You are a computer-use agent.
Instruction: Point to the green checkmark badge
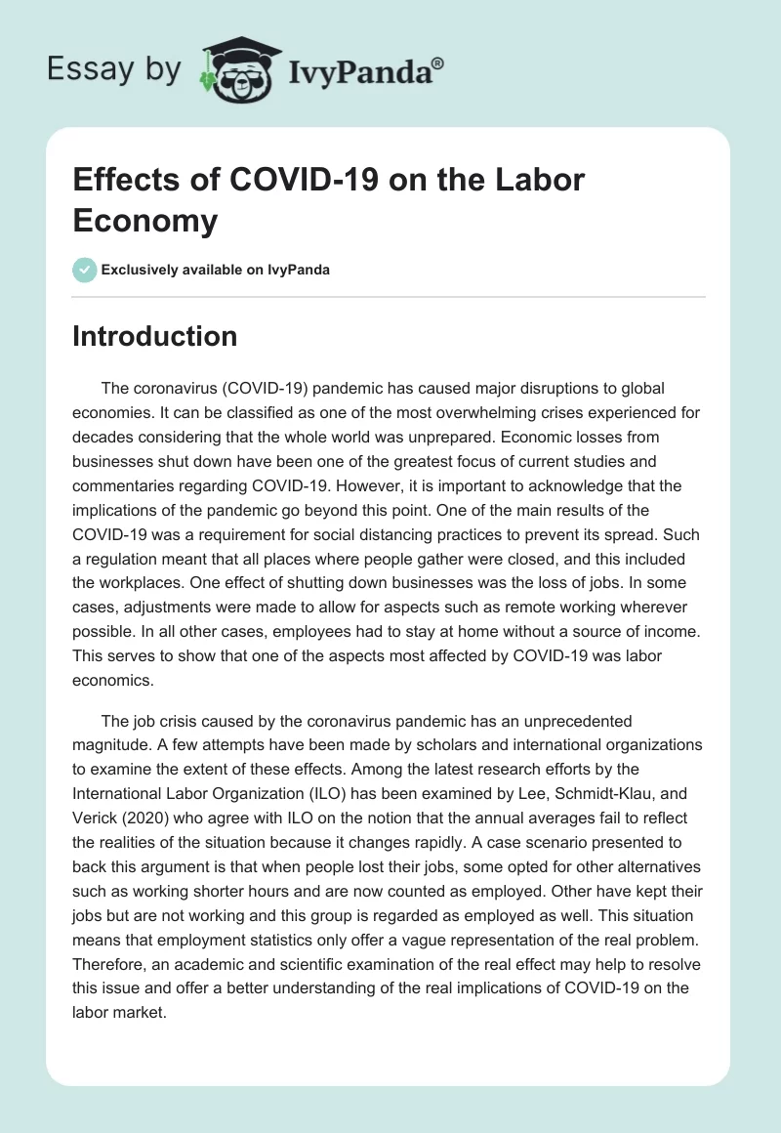[85, 270]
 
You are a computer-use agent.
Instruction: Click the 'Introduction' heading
[155, 336]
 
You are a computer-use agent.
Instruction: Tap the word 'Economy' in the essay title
[145, 221]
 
